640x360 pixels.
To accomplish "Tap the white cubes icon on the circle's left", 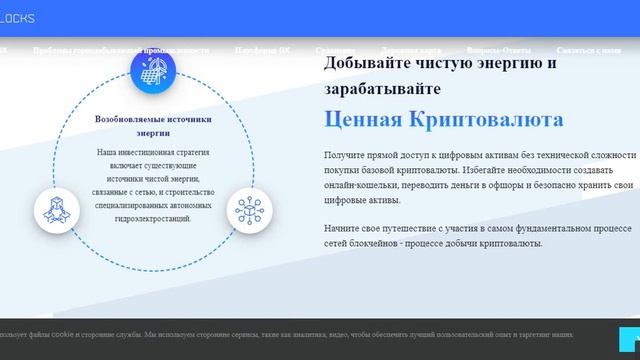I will [x=56, y=209].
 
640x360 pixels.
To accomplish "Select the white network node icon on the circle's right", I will [x=247, y=209].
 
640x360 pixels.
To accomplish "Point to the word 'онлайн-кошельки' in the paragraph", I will [x=358, y=185].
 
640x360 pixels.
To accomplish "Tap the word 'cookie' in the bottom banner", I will [x=62, y=335].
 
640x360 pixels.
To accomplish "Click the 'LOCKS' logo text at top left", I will [x=18, y=18].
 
